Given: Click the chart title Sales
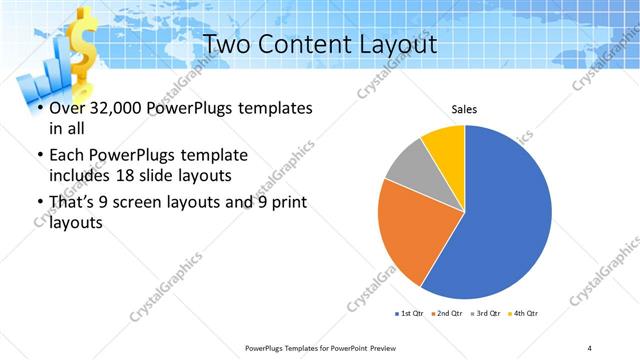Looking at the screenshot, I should (464, 110).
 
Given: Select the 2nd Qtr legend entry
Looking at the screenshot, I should (446, 314).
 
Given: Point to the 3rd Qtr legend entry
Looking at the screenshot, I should (487, 314).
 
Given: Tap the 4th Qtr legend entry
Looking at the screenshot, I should (525, 314).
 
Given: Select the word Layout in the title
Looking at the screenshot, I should (398, 45).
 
